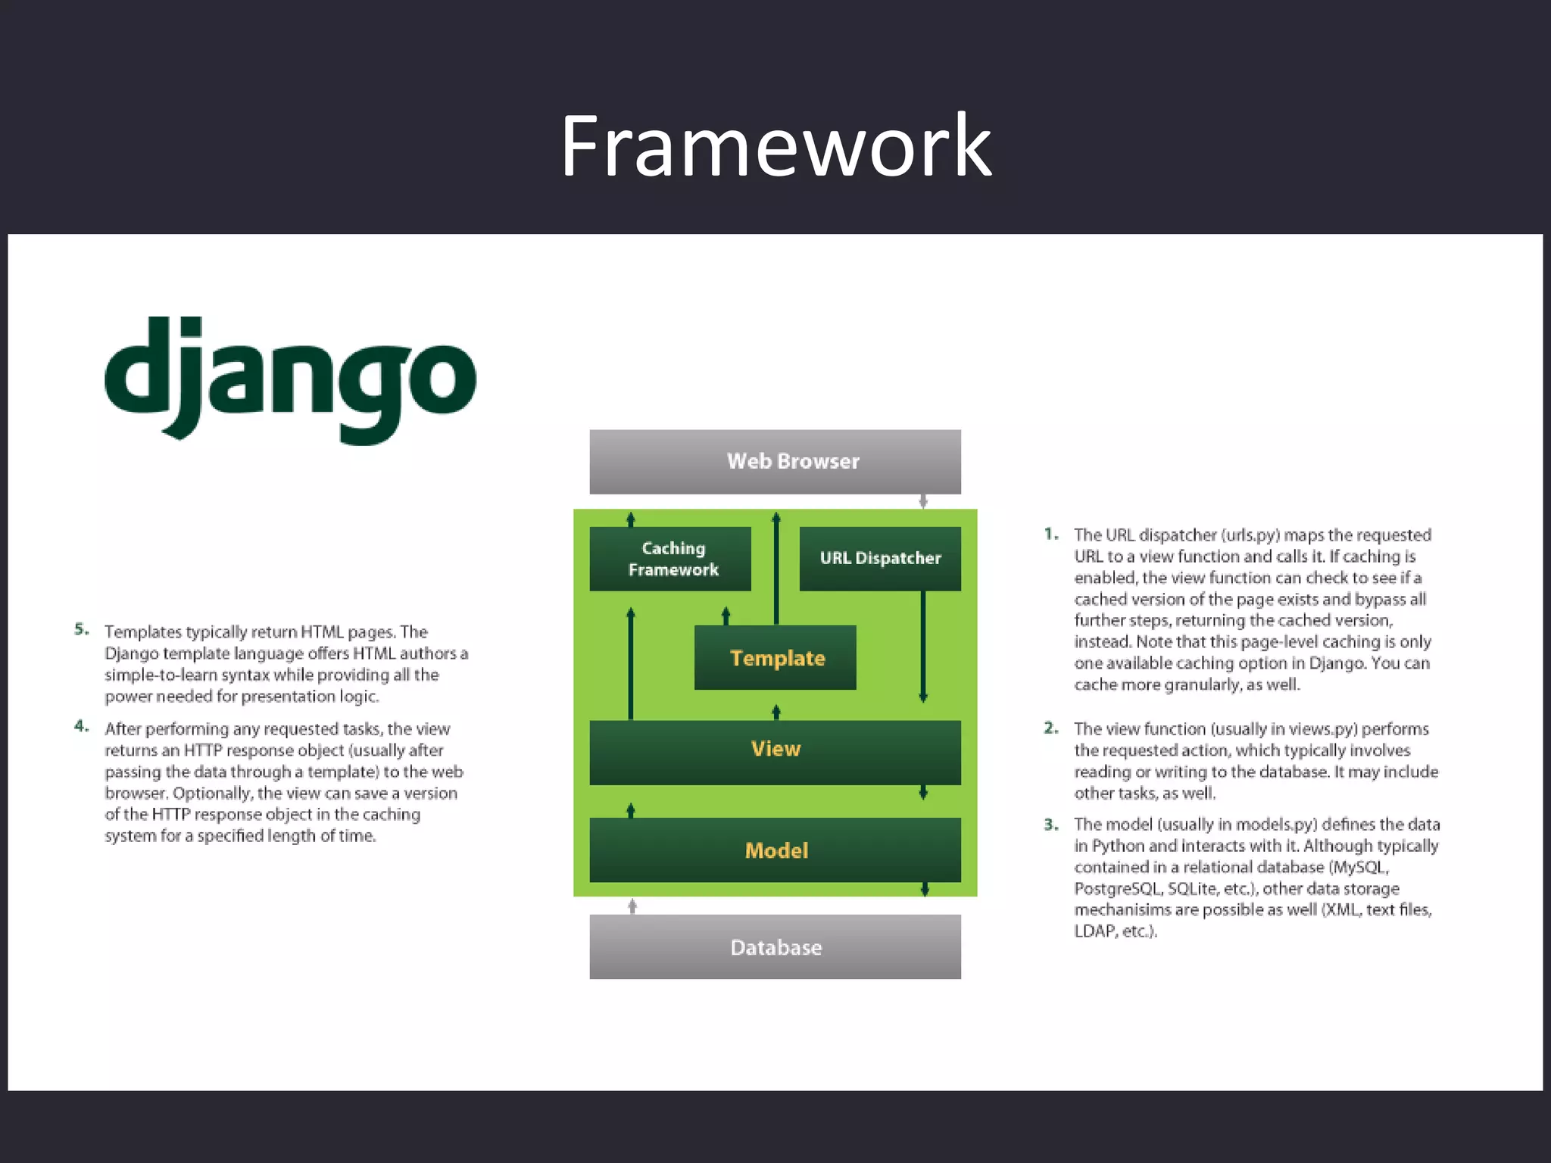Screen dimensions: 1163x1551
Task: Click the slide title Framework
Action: click(x=775, y=145)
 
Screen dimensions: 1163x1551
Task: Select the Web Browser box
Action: click(x=775, y=461)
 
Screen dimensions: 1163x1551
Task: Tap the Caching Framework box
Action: click(x=670, y=559)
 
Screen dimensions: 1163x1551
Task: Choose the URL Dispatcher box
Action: click(x=880, y=559)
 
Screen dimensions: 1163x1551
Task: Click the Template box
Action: click(x=775, y=657)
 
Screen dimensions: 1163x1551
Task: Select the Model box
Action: click(x=775, y=850)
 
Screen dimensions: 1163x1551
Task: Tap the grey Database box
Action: click(x=775, y=946)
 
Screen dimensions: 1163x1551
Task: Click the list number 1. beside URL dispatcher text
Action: click(x=1051, y=534)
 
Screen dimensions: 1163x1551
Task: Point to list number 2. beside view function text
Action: click(x=1051, y=728)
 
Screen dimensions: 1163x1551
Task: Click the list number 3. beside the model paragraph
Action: click(x=1051, y=824)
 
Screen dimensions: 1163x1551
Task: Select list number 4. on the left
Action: click(x=82, y=726)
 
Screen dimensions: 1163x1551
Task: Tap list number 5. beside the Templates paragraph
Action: click(x=82, y=629)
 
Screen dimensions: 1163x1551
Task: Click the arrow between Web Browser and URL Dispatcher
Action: click(x=923, y=501)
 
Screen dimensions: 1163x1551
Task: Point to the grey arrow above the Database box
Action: click(x=632, y=906)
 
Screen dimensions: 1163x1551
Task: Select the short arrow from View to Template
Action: click(x=775, y=712)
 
